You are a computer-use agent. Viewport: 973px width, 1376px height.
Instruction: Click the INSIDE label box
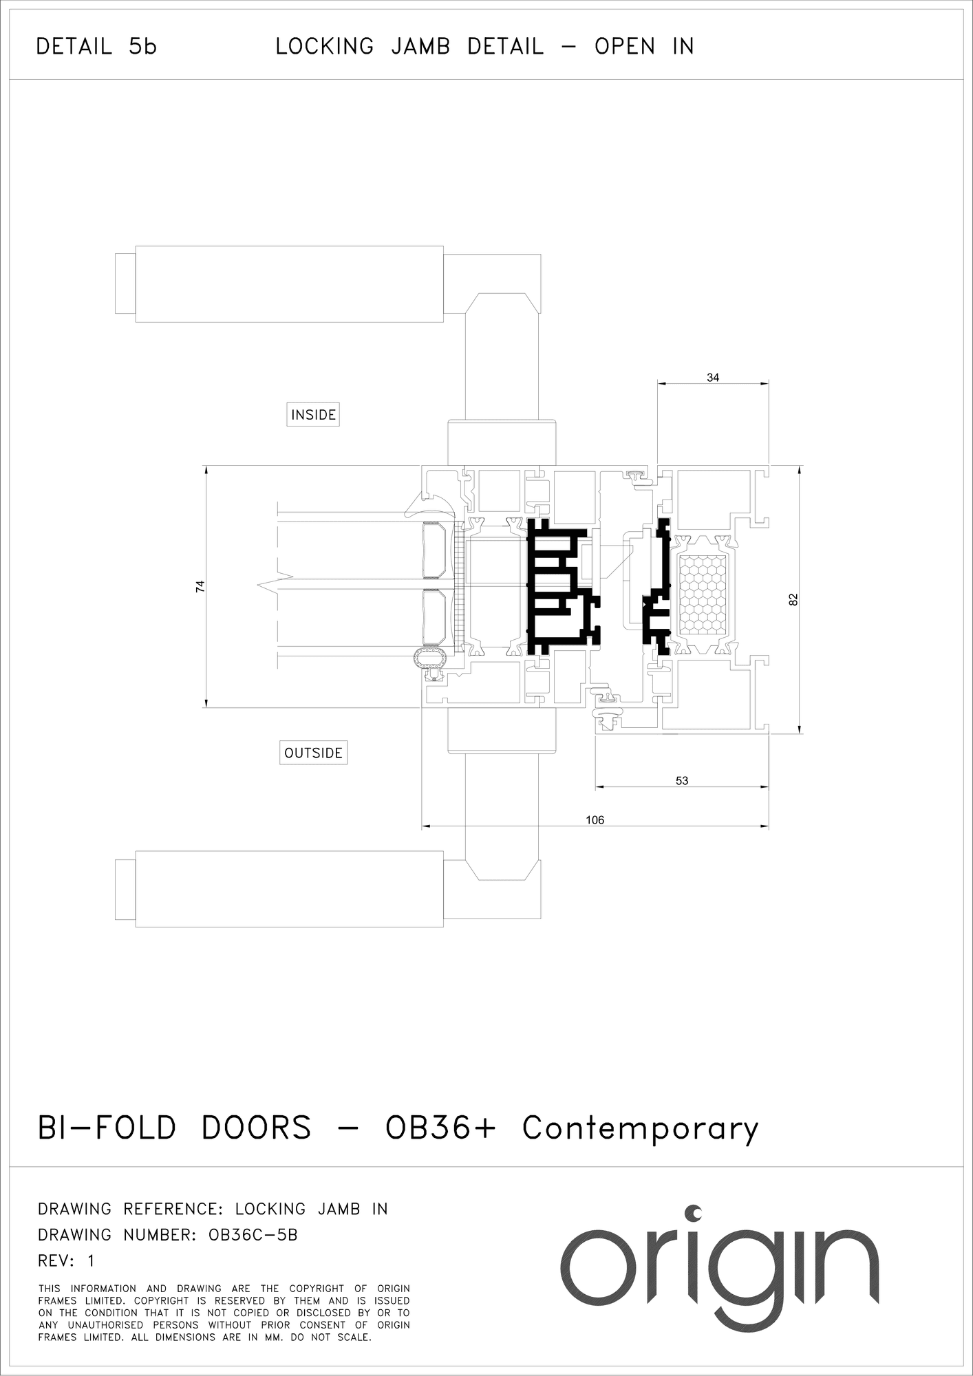click(x=313, y=415)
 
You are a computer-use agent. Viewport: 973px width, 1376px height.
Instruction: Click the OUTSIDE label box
click(x=313, y=753)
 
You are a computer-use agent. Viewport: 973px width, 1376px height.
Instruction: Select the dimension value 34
click(x=713, y=378)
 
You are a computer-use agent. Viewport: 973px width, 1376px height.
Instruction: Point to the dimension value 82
click(x=793, y=599)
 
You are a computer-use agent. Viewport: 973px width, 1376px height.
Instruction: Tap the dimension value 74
click(x=200, y=586)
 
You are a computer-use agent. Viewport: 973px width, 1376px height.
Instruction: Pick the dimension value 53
click(x=682, y=781)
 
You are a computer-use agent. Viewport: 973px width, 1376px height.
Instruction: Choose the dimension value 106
click(x=595, y=820)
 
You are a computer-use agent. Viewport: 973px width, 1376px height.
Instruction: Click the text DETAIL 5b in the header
click(x=96, y=47)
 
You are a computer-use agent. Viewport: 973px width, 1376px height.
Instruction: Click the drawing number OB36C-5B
click(x=253, y=1235)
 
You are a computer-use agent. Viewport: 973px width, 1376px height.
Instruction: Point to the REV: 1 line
click(x=66, y=1261)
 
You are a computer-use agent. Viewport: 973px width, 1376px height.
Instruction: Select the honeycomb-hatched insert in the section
click(x=703, y=594)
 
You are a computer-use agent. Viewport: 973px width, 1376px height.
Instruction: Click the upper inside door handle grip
click(x=289, y=283)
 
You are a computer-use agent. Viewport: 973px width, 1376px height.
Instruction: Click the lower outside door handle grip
click(x=289, y=889)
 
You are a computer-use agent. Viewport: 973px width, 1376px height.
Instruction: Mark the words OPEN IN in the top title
click(x=645, y=47)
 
